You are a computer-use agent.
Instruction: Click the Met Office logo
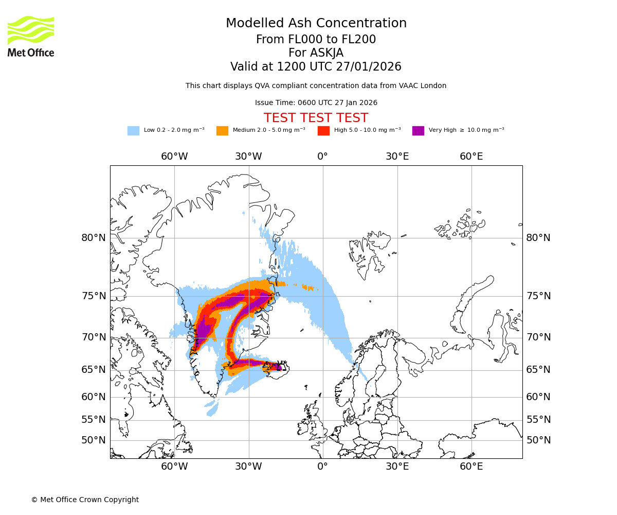31,36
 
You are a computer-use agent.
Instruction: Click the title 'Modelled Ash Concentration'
316,24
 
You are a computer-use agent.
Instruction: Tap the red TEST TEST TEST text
316,118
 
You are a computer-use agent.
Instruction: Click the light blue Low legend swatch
133,130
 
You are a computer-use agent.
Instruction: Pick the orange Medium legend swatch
222,130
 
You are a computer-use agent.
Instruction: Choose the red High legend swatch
323,130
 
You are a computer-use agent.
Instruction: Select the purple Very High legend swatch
418,130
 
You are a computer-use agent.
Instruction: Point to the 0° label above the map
322,157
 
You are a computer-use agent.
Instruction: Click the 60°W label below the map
174,467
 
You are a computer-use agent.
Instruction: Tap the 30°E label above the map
397,157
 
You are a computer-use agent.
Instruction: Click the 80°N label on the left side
94,238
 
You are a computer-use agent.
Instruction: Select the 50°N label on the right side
538,440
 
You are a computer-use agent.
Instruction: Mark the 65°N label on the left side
94,370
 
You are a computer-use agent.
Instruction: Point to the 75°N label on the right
538,296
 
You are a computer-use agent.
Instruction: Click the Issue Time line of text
316,103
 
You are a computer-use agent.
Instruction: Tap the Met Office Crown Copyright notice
85,500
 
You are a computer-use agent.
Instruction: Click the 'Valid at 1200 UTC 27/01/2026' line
316,67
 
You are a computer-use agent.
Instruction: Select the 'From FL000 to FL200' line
316,40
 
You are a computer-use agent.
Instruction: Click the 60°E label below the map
471,467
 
